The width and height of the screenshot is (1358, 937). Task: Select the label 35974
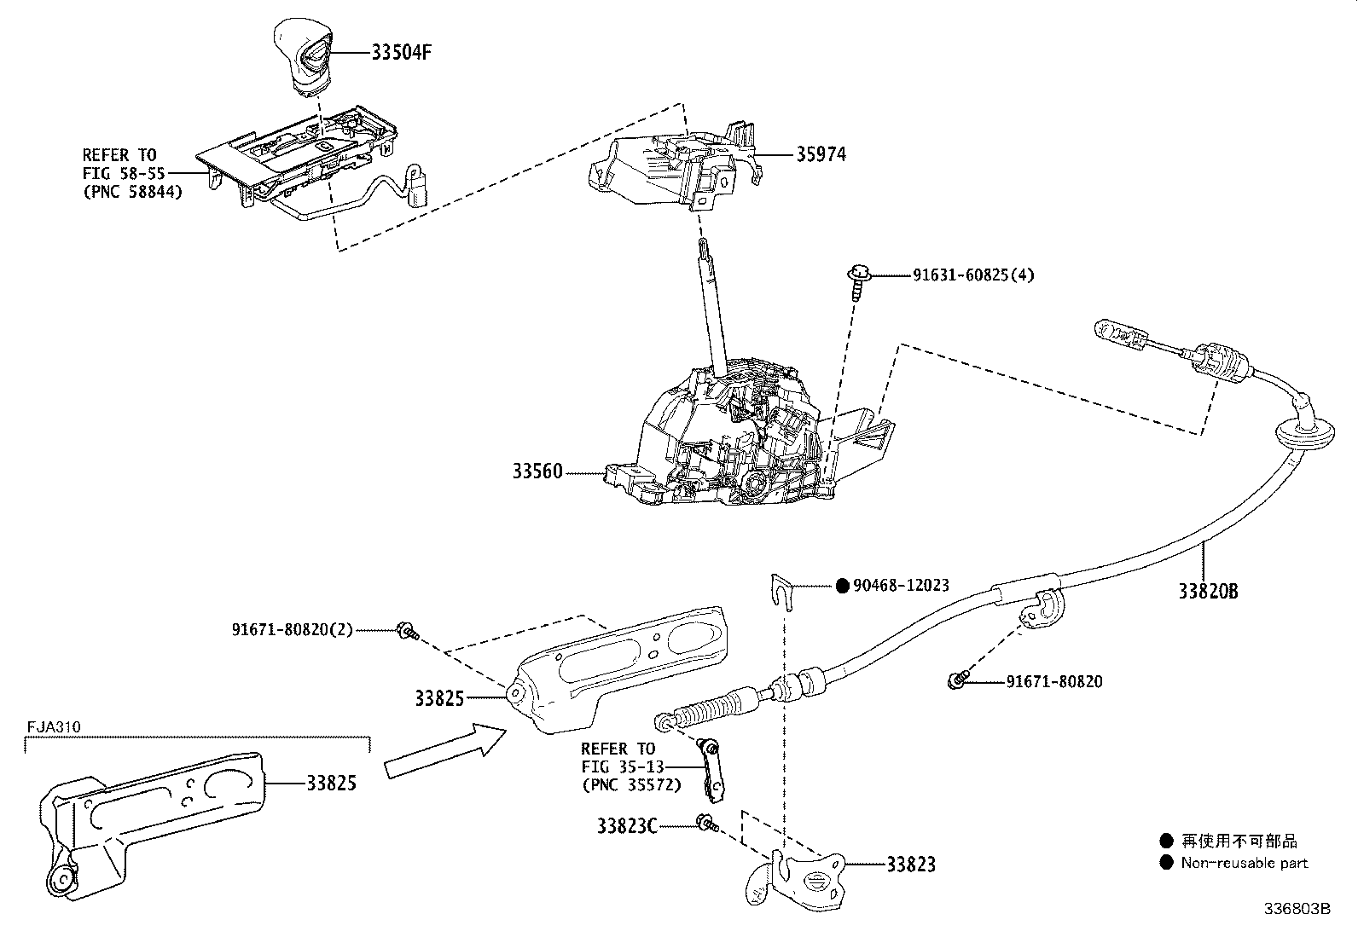point(821,154)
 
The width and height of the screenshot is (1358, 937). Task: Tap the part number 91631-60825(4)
point(973,275)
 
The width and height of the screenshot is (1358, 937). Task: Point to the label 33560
point(537,471)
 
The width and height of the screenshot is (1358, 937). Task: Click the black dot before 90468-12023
point(842,586)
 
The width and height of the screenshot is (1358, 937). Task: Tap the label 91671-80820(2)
point(292,630)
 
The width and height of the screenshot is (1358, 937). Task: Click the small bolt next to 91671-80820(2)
point(407,632)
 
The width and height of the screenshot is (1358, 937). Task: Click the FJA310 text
point(53,727)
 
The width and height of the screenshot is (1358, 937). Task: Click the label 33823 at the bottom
point(910,865)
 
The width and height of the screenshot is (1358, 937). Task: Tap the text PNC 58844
point(132,192)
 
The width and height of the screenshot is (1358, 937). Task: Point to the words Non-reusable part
point(1244,863)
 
